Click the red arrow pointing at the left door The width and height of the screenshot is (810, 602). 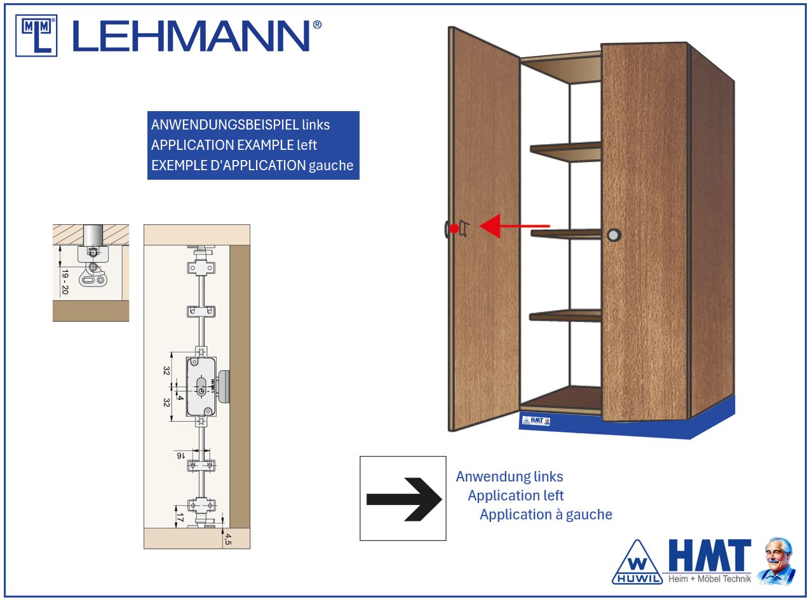tap(514, 226)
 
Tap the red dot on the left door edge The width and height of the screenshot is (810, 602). tap(454, 229)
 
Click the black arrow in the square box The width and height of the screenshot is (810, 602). tap(404, 499)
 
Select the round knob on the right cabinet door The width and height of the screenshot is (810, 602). tap(614, 235)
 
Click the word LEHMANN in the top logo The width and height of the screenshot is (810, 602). tap(192, 36)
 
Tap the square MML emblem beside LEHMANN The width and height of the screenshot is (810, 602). tap(36, 36)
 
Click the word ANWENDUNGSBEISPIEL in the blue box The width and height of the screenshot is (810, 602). tap(226, 125)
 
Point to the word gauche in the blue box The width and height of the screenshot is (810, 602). tap(331, 166)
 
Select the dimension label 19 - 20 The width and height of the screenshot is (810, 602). tap(65, 282)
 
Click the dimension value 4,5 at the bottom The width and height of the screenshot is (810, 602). tap(228, 539)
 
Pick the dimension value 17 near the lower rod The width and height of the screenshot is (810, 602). tap(180, 518)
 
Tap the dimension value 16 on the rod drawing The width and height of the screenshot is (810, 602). tap(181, 455)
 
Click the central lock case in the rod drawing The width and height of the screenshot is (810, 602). tap(201, 387)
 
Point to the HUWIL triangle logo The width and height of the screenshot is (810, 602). tap(637, 563)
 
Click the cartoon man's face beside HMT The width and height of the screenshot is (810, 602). tap(778, 554)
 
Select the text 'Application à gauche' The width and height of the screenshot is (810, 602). tap(546, 514)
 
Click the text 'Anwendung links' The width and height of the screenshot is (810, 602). tap(510, 476)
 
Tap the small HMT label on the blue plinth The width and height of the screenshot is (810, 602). tap(536, 421)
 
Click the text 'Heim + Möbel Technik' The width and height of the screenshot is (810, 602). tap(710, 579)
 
